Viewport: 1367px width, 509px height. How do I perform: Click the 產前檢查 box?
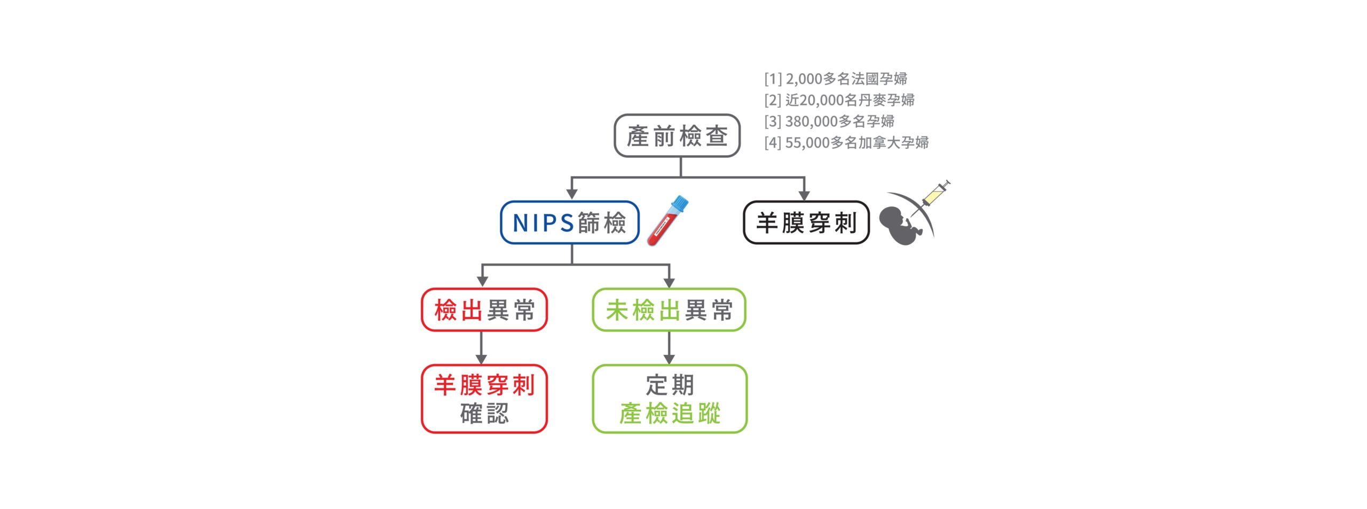tap(677, 136)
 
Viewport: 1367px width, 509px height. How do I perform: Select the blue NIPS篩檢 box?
tap(570, 222)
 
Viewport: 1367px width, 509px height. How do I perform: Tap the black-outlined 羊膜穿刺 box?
tap(806, 222)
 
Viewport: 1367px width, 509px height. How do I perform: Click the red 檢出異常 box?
tap(484, 310)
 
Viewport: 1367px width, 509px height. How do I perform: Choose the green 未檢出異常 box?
tap(669, 310)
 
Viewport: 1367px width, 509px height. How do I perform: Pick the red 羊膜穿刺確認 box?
tap(484, 399)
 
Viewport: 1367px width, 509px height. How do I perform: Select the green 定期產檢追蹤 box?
tap(670, 399)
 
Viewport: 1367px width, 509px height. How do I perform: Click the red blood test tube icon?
tap(667, 220)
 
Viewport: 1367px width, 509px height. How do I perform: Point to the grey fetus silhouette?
tap(902, 226)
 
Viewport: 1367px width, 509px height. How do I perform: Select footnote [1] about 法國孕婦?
tap(836, 79)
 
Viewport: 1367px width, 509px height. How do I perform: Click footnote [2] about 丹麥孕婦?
tap(839, 100)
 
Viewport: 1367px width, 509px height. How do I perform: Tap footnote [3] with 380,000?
tap(829, 122)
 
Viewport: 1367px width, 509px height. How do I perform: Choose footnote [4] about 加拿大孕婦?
tap(846, 143)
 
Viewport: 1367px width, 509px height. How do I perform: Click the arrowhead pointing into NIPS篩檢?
tap(572, 195)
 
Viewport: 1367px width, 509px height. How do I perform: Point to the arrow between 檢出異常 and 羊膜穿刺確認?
tap(481, 348)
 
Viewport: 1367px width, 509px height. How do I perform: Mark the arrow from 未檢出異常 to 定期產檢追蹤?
tap(669, 348)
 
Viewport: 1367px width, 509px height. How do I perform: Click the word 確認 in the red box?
tap(484, 413)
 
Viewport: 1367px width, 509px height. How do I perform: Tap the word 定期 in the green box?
tap(670, 385)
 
